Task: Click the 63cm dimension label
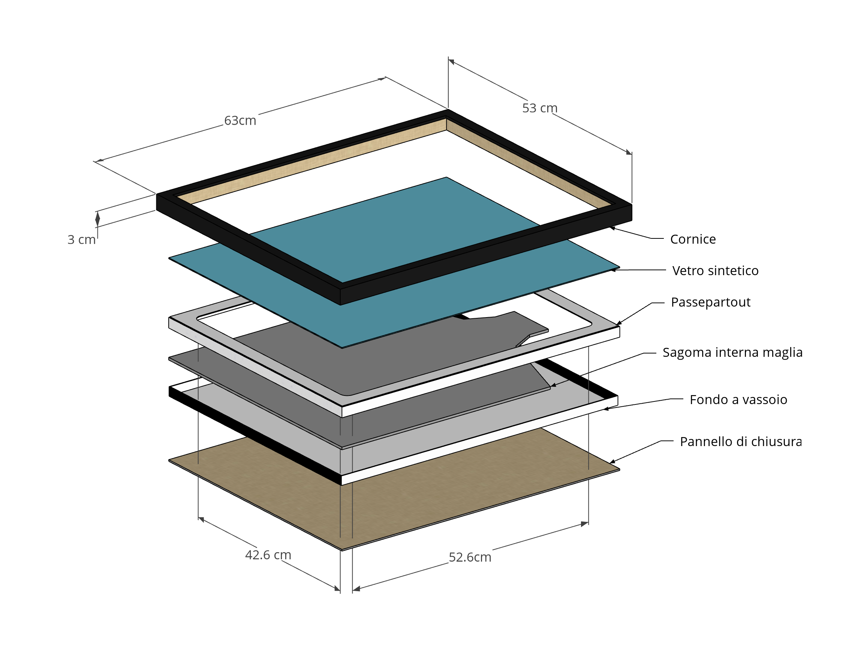240,120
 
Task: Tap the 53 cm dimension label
539,108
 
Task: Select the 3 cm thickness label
81,239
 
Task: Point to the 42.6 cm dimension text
268,555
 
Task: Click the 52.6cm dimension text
469,557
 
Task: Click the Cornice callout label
693,239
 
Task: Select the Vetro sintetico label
715,270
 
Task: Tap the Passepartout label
710,302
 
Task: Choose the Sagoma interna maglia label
732,352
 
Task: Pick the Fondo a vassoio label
738,399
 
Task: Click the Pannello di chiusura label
740,441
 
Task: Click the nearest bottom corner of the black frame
340,304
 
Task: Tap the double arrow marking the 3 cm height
98,219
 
